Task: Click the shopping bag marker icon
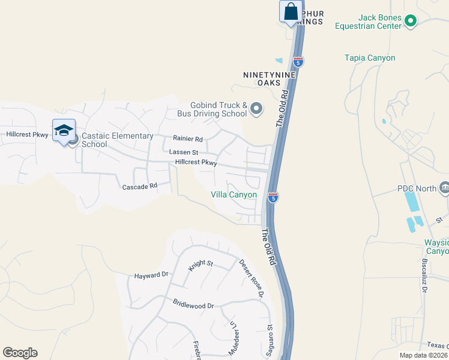pos(291,12)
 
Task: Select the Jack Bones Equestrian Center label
pos(372,22)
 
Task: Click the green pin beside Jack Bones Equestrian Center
pos(411,22)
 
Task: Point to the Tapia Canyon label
pos(370,58)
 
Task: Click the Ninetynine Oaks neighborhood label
pos(270,79)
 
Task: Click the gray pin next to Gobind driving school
pos(256,109)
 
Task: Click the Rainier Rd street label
pos(188,139)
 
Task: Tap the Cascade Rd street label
pos(140,187)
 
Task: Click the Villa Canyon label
pos(234,194)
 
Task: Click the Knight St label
pos(200,265)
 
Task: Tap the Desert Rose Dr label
pos(251,278)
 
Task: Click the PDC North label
pos(417,188)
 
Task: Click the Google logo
pos(20,353)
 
